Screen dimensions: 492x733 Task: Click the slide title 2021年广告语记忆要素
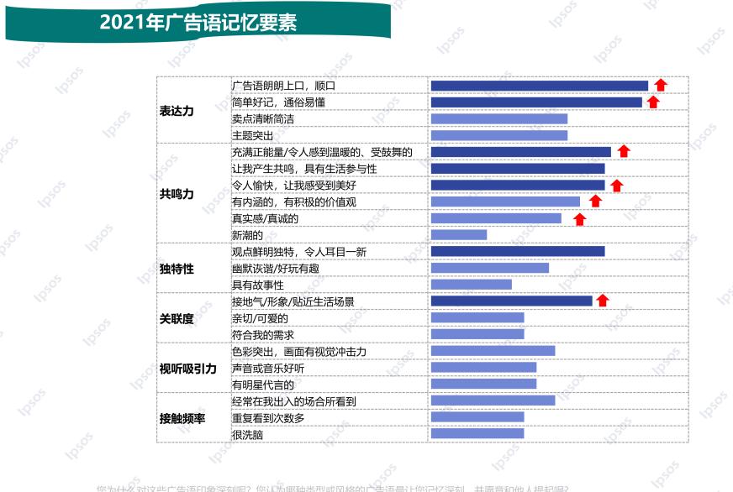(198, 23)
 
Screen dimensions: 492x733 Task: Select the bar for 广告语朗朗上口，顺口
(539, 86)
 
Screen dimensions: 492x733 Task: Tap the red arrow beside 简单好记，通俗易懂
(653, 102)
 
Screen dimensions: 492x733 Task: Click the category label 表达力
(177, 111)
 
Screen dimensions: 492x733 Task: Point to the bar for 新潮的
(458, 235)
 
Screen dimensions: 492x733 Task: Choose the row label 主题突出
(253, 135)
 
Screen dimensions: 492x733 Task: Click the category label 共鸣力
(177, 194)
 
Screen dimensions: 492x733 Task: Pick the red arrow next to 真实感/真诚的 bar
(579, 219)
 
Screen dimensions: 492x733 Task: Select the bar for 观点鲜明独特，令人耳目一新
(517, 252)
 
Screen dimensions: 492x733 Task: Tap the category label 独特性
(177, 269)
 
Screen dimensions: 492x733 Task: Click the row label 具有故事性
(258, 285)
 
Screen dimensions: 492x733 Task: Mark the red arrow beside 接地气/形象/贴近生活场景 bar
(603, 301)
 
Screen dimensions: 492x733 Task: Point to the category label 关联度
(177, 318)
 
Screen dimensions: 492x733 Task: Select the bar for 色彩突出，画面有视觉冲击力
(493, 351)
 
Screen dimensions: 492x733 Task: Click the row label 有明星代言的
(263, 385)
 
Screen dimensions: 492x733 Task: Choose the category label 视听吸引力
(187, 368)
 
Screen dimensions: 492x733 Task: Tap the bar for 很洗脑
(477, 434)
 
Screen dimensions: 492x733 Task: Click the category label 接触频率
(182, 417)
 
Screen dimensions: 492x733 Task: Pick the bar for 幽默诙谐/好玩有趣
(489, 269)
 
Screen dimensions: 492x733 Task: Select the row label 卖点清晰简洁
(263, 119)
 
